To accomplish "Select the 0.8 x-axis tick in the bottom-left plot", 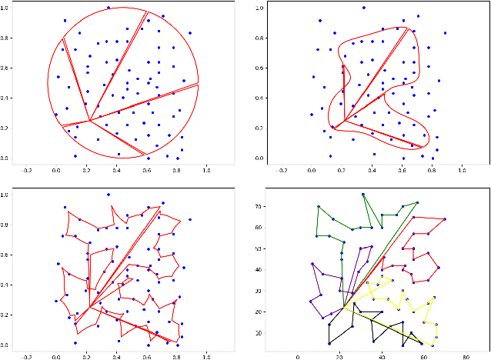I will [176, 356].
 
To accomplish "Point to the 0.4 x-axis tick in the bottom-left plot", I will [116, 356].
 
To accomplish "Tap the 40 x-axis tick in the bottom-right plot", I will [382, 356].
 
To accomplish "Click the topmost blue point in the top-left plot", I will [109, 8].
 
